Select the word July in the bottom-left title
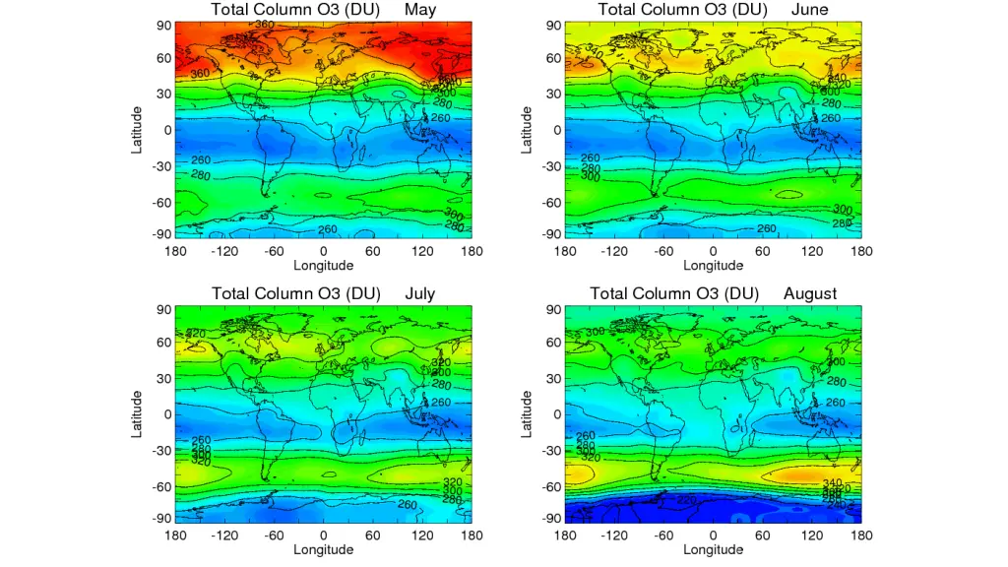[x=419, y=293]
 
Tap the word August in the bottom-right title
[x=810, y=293]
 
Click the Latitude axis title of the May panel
[x=139, y=129]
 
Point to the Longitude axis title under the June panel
[x=714, y=265]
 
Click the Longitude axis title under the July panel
[x=324, y=549]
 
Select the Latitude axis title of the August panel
[x=528, y=413]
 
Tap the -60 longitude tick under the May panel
[x=274, y=251]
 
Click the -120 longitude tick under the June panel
[x=614, y=251]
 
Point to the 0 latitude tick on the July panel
[x=164, y=414]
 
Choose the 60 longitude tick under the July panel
[x=372, y=535]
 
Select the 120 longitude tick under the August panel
[x=812, y=535]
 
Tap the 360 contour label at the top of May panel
[x=264, y=24]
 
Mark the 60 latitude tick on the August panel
[x=553, y=343]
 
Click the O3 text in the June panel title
[x=724, y=10]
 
